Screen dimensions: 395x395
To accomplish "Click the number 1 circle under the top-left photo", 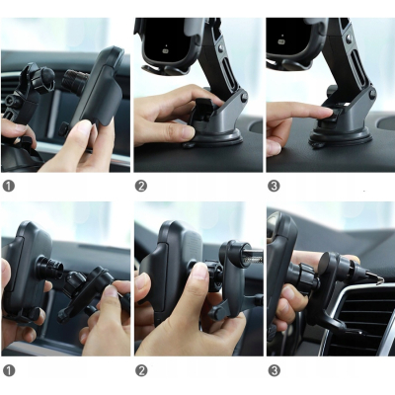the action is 9,186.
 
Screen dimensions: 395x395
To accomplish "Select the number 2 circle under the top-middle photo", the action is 141,186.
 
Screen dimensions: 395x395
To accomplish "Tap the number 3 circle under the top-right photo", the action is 274,186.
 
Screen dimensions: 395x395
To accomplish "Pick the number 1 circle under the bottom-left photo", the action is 9,370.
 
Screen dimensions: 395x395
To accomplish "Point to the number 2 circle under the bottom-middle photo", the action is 141,370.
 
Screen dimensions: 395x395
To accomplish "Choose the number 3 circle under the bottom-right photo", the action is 274,370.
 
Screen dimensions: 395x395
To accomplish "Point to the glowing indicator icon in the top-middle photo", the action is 166,50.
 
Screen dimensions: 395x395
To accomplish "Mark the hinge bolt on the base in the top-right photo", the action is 373,93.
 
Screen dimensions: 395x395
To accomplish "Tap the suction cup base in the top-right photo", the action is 341,137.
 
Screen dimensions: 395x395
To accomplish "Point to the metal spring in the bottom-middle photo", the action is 254,260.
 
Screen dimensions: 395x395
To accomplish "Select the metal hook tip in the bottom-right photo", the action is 380,280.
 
